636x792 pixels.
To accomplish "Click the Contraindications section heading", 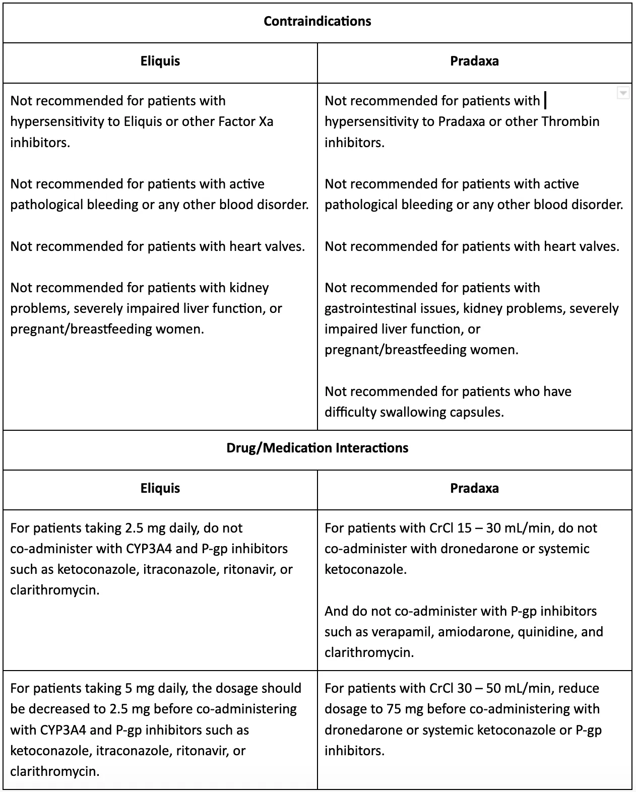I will [317, 21].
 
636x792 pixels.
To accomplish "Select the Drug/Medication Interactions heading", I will [317, 448].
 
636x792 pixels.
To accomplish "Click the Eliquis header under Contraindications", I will [160, 61].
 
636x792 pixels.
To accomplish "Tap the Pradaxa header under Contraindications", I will [474, 61].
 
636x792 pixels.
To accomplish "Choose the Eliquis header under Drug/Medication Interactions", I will [160, 488].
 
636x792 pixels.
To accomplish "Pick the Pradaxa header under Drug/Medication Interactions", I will [474, 488].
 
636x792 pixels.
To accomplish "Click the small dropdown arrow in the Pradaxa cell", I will [623, 93].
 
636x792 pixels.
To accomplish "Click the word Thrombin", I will [570, 121].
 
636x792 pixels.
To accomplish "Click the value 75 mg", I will [403, 709].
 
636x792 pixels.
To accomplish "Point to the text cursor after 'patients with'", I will [546, 101].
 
